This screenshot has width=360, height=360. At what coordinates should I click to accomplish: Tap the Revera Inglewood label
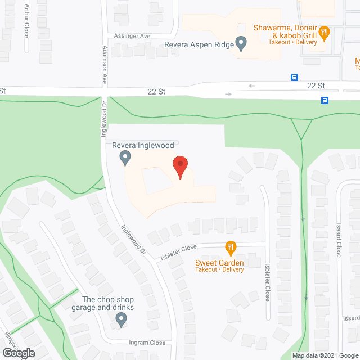click(x=143, y=145)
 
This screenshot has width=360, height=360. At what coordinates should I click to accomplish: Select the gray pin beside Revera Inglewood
click(x=125, y=158)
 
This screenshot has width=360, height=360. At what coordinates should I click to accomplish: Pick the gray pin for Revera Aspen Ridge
click(x=241, y=43)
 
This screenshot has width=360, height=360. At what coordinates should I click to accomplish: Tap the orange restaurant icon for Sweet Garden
click(x=230, y=247)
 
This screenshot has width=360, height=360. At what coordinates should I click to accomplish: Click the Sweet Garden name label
click(x=219, y=263)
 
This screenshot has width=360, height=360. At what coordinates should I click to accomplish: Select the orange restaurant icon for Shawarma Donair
click(x=323, y=33)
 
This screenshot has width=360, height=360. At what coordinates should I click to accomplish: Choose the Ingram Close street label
click(x=147, y=343)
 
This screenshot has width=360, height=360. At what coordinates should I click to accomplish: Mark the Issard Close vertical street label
click(x=339, y=238)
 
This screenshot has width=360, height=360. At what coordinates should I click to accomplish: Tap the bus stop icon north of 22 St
click(x=294, y=77)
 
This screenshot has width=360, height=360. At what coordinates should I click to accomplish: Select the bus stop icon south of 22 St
click(x=325, y=100)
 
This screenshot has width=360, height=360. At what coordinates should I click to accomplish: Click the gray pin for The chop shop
click(x=120, y=320)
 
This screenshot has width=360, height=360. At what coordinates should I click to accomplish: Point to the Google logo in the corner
click(x=18, y=353)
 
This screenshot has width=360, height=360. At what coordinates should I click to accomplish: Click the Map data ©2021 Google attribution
click(x=325, y=355)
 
